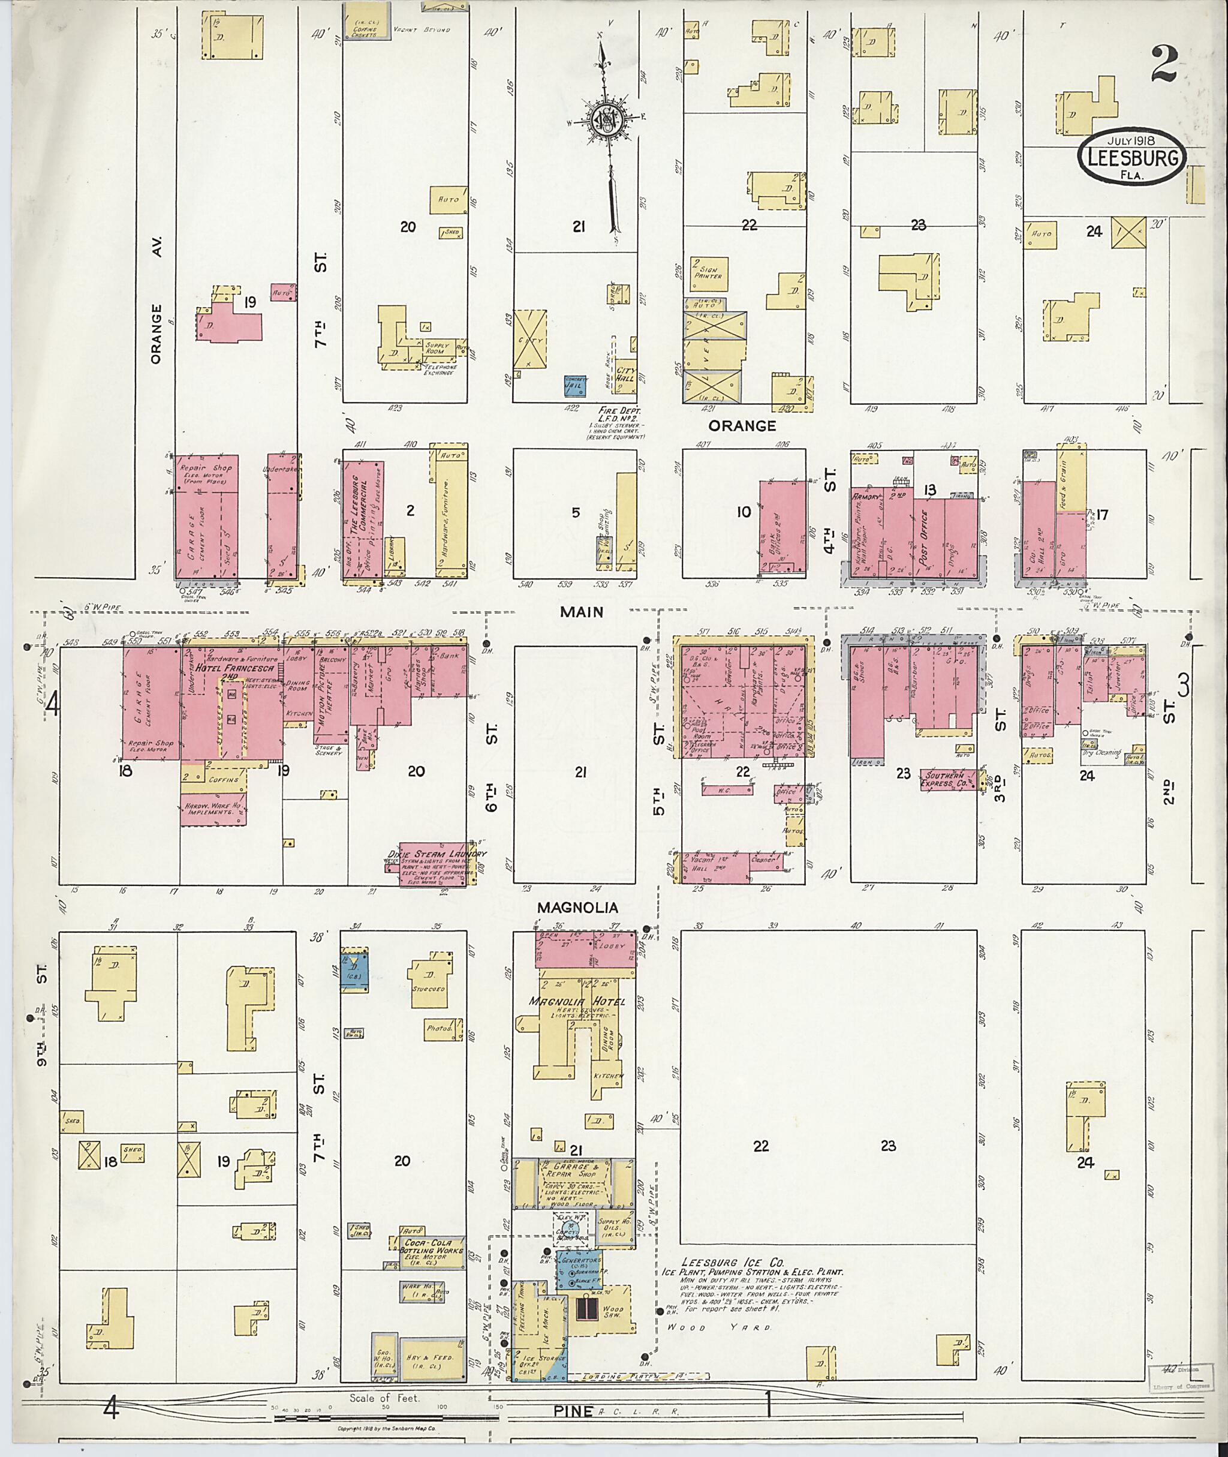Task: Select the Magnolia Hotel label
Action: (577, 1002)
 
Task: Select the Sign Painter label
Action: (708, 271)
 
